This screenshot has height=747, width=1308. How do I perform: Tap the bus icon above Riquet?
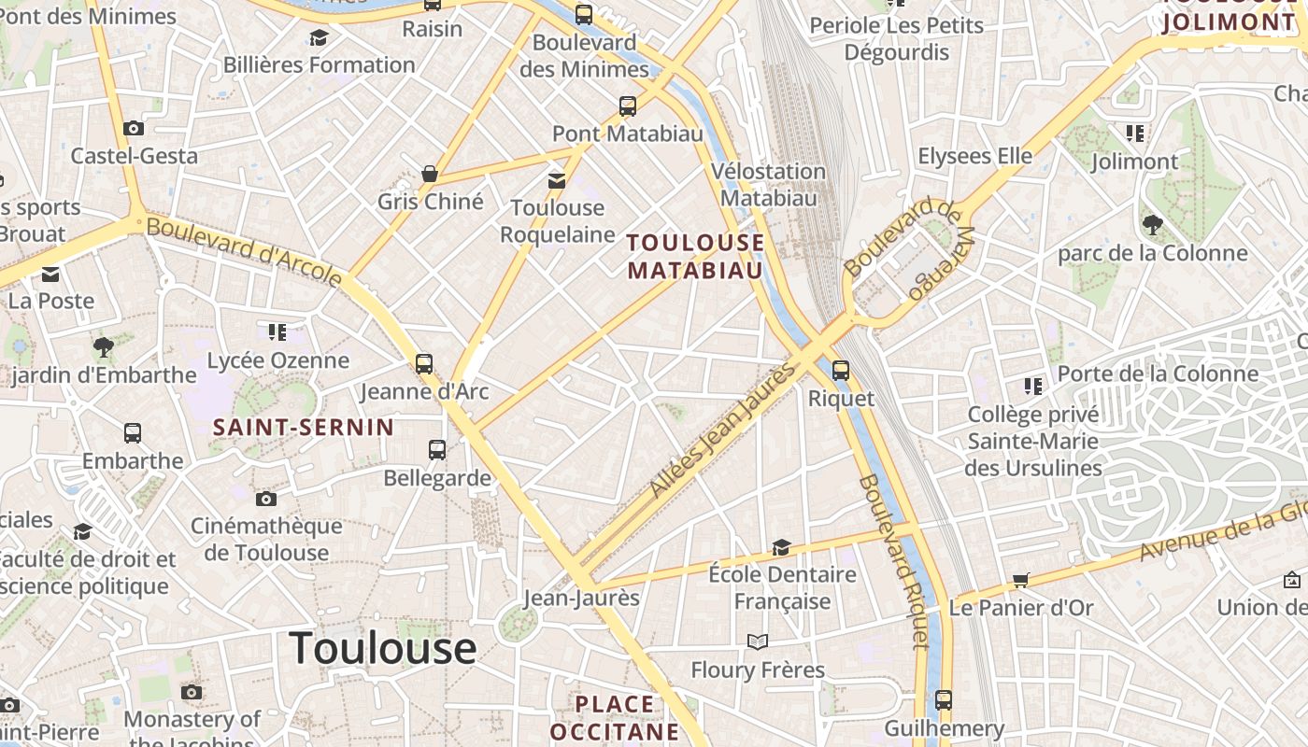click(x=841, y=371)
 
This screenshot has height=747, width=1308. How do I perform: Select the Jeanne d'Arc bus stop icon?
click(x=424, y=363)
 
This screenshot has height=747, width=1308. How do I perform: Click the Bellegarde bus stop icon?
click(x=436, y=450)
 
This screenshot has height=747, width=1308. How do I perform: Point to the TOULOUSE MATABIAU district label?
click(x=695, y=257)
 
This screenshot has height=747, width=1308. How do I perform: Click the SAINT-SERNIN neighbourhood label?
click(x=304, y=428)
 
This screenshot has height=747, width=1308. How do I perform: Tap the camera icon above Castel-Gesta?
click(x=134, y=128)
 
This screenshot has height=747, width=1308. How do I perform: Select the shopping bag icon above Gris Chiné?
click(x=430, y=174)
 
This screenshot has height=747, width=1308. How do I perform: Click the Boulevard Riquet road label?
click(x=894, y=560)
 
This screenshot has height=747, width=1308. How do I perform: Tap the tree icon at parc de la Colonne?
click(x=1152, y=225)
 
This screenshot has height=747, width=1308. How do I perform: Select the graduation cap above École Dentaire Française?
click(x=781, y=547)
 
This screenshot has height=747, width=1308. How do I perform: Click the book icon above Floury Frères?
click(x=757, y=642)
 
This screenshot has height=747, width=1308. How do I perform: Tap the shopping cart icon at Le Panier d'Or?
click(x=1020, y=581)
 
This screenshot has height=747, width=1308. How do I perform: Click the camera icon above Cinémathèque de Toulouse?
click(x=266, y=499)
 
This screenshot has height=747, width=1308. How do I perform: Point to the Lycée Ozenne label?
click(x=277, y=360)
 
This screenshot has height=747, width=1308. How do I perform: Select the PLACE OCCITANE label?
click(x=615, y=717)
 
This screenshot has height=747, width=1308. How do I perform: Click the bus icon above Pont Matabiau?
click(x=628, y=106)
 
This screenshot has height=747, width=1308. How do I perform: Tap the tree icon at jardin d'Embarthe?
click(x=104, y=348)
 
